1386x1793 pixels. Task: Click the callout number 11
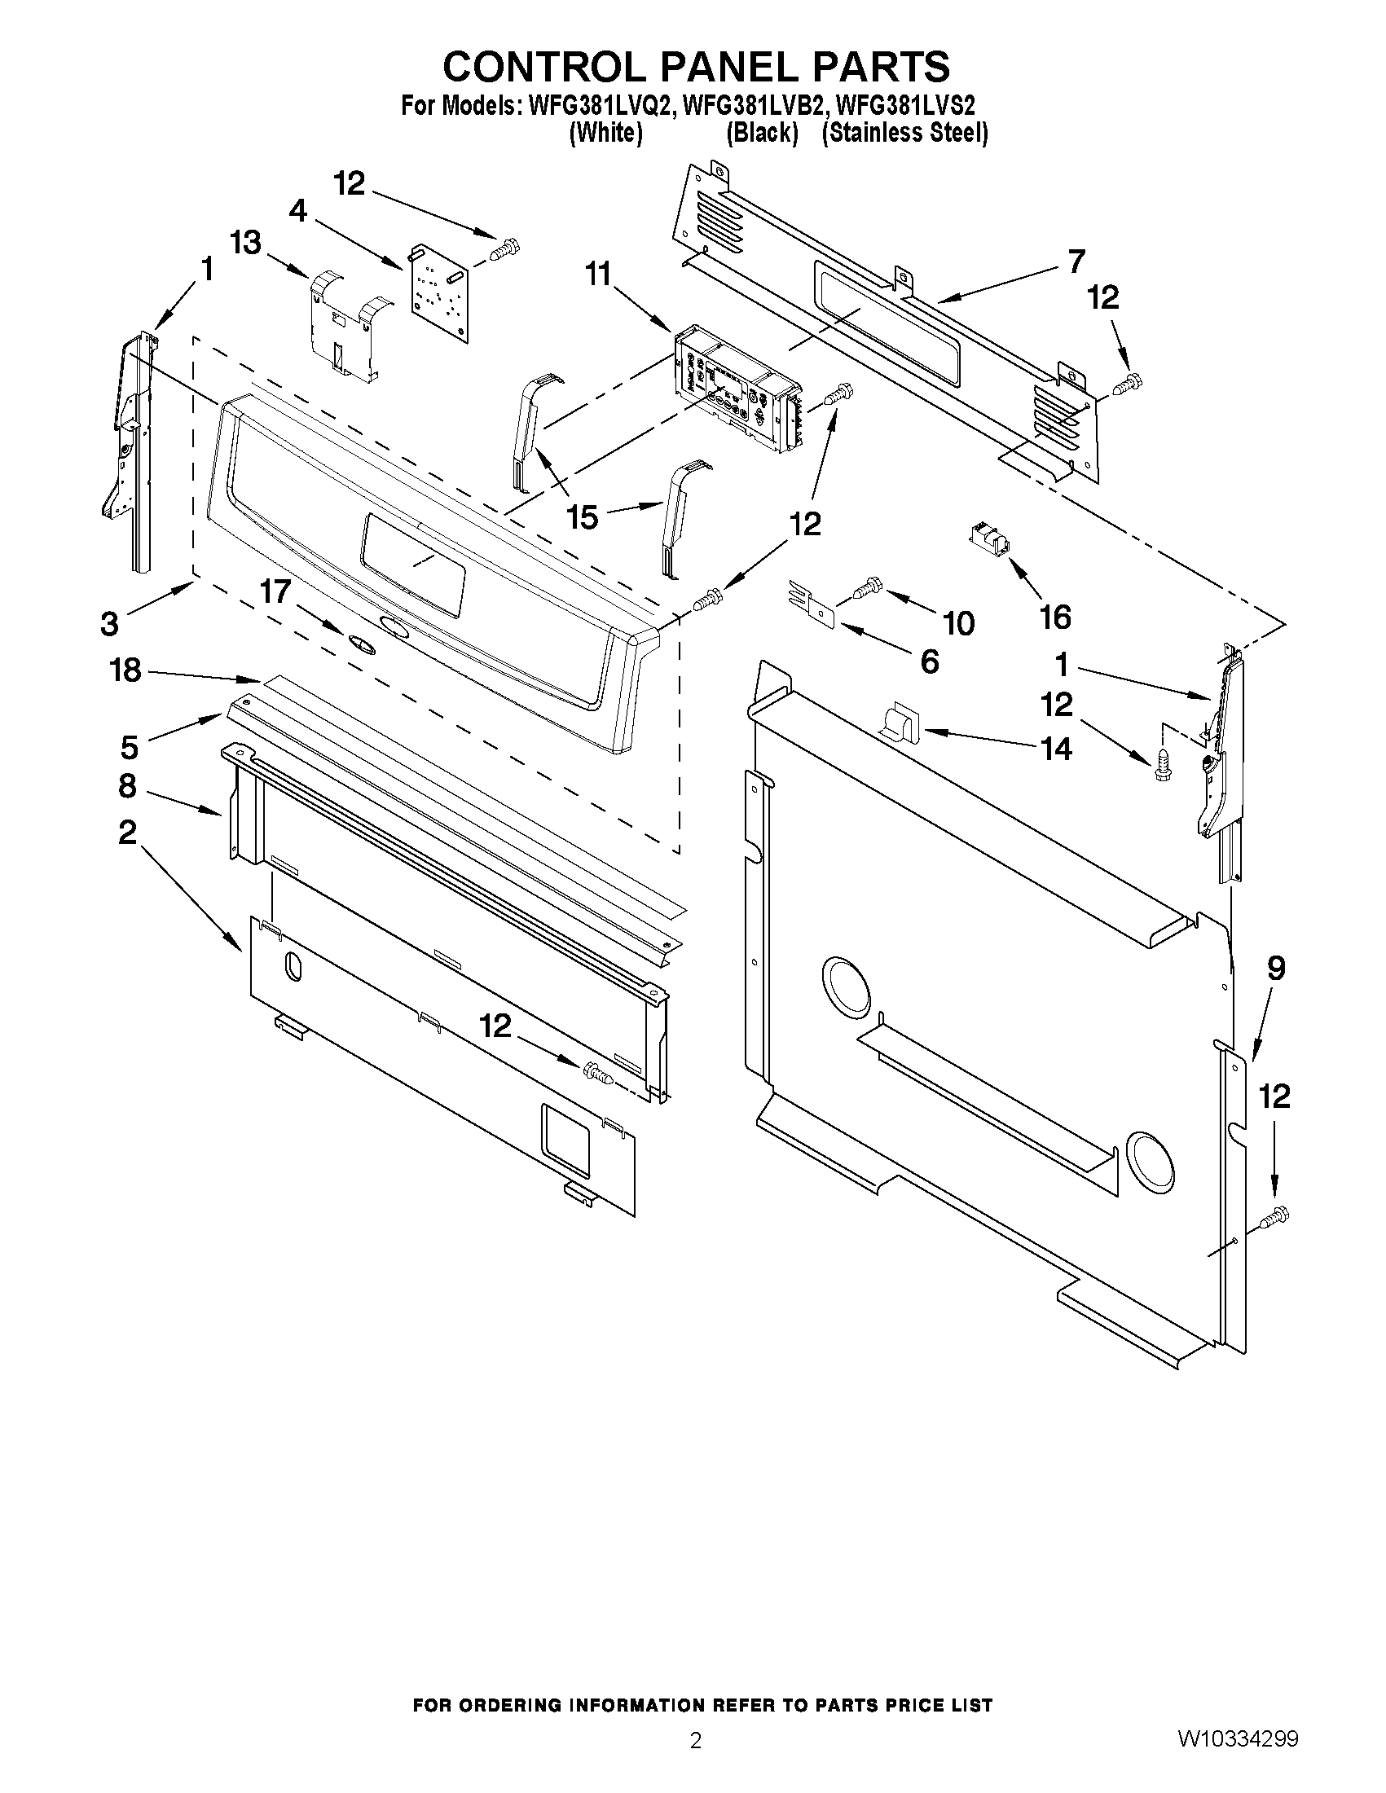point(599,275)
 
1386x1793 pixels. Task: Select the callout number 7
point(1076,261)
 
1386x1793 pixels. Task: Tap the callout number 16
point(1055,617)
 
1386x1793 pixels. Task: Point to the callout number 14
point(1056,748)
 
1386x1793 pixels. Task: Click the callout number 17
point(275,591)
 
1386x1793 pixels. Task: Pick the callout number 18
point(125,670)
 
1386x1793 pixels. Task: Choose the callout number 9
point(1275,969)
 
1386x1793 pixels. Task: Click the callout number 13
point(245,242)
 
